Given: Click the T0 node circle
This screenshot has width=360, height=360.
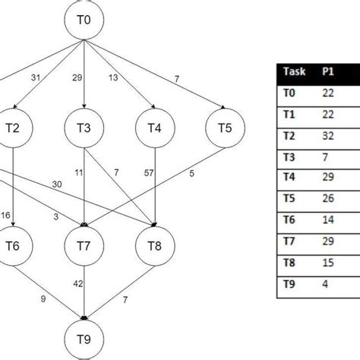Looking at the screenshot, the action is click(84, 20).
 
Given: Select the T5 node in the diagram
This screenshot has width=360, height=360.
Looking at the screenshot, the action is click(225, 128).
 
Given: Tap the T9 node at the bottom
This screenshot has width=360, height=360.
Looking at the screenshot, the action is click(84, 339).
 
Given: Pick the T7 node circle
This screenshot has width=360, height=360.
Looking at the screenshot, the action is click(84, 246).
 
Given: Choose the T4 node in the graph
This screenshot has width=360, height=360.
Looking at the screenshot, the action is click(155, 128).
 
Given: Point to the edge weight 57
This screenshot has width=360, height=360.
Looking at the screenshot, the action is click(149, 173).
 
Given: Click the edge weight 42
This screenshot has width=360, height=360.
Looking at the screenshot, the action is click(78, 284).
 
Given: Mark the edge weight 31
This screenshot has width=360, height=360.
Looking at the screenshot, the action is click(36, 77).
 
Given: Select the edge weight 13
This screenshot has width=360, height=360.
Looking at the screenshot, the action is click(113, 77).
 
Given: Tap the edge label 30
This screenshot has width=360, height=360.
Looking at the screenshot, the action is click(57, 185).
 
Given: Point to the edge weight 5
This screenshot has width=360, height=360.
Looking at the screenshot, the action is click(191, 174).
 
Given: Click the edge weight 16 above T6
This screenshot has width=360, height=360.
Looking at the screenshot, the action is click(5, 216).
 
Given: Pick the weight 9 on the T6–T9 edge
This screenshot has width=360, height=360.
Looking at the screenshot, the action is click(43, 299).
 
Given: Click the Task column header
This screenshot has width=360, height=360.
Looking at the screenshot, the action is click(295, 71).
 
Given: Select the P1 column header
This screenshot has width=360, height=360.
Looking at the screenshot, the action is click(328, 71).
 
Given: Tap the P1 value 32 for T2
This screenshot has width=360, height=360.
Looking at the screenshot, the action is click(328, 136).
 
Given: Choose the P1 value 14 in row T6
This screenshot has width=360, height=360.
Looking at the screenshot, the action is click(328, 219).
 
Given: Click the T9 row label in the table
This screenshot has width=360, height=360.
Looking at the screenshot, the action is click(289, 284).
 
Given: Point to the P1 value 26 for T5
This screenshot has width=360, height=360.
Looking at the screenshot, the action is click(328, 198).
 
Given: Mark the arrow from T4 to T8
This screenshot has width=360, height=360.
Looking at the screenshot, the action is click(155, 187).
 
